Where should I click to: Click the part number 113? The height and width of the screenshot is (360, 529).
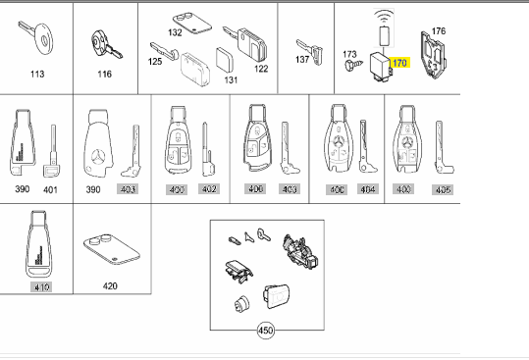(37, 73)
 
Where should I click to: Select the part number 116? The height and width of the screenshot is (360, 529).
(105, 73)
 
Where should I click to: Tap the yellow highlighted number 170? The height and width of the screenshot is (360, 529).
(397, 63)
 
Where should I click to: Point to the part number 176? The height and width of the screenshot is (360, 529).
(438, 32)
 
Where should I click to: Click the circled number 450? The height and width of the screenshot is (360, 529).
(266, 331)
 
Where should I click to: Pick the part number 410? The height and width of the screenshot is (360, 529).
(40, 286)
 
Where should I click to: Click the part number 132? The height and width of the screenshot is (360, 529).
(175, 32)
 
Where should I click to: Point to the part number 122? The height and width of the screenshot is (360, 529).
(261, 69)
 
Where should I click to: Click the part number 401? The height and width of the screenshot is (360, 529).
(50, 187)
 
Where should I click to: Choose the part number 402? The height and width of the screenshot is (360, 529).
(208, 187)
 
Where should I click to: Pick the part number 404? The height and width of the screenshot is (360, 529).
(367, 187)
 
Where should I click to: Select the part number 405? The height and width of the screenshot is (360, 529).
(443, 187)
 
